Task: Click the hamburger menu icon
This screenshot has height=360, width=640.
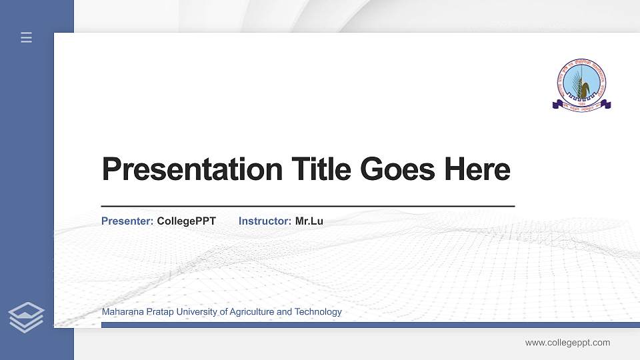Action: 27,37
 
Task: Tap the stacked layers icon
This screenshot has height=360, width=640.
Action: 27,317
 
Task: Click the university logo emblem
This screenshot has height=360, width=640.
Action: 581,83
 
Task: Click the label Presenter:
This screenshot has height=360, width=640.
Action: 127,221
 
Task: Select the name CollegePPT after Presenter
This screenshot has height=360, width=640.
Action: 186,221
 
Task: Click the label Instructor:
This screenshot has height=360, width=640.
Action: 265,221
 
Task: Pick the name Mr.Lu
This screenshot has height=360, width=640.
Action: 309,221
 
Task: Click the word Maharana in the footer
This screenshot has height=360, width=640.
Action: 121,312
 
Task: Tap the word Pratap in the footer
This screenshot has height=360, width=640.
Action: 157,312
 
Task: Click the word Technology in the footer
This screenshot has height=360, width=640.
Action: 318,312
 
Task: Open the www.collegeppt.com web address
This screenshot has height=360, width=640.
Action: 567,343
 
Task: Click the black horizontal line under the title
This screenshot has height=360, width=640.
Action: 307,207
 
